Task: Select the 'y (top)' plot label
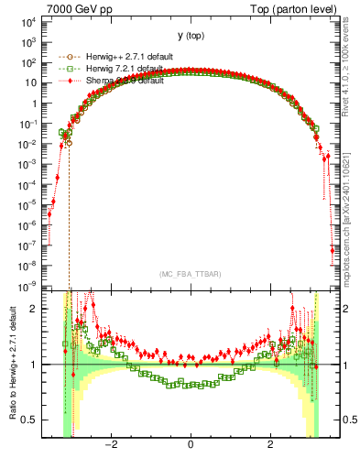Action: click(x=191, y=36)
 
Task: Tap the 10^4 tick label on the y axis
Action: click(x=25, y=20)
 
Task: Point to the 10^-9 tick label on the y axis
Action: click(x=25, y=287)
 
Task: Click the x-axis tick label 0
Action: click(x=191, y=446)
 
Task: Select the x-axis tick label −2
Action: click(x=110, y=446)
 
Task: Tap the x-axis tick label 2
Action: click(x=270, y=446)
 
